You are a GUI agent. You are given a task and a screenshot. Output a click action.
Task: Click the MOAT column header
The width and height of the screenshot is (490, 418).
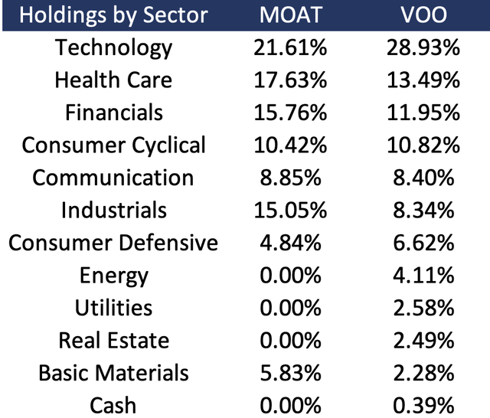click(289, 15)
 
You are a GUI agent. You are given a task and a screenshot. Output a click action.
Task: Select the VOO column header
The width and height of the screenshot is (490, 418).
click(422, 15)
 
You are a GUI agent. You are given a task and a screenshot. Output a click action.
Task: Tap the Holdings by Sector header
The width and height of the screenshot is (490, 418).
click(113, 15)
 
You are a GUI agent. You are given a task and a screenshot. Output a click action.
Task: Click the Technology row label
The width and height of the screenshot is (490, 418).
click(113, 47)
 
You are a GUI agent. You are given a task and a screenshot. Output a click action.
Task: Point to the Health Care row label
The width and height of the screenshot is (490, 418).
click(113, 80)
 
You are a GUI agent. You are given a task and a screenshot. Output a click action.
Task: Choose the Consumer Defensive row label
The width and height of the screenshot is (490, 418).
click(113, 243)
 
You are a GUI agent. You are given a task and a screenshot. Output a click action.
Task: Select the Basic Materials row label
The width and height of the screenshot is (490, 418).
click(113, 373)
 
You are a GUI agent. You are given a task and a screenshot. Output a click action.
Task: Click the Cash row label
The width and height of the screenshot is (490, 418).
click(113, 404)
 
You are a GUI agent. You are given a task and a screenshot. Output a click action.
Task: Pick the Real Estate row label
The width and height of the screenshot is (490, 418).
click(113, 340)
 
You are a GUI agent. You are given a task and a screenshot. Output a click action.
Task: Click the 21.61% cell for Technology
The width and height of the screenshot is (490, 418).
click(289, 47)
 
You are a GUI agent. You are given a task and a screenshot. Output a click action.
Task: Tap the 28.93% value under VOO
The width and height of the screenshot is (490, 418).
click(422, 47)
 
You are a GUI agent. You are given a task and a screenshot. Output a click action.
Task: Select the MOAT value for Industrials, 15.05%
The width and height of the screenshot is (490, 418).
click(289, 211)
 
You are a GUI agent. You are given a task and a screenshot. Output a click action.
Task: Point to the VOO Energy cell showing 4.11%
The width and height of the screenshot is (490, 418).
click(422, 276)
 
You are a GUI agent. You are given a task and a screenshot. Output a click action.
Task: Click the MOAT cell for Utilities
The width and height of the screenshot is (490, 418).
click(289, 308)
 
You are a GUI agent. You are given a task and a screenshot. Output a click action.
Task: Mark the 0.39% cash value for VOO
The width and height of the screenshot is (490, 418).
click(422, 404)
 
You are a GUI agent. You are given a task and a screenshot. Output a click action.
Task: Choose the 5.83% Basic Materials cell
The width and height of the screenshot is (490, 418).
click(289, 373)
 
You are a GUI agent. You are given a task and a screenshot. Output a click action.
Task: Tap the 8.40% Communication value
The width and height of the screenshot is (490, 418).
click(422, 178)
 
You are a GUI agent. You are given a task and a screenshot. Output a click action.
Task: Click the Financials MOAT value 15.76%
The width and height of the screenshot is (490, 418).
click(289, 113)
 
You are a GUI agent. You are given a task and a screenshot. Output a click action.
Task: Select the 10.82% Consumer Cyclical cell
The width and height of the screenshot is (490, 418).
click(422, 145)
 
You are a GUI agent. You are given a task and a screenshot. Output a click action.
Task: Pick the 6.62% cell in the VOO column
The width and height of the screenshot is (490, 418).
click(422, 243)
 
